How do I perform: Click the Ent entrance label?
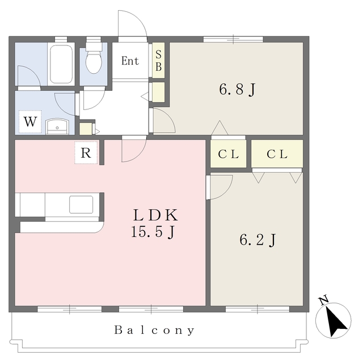(x=130, y=61)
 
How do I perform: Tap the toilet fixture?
(x=94, y=57)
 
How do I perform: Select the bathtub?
(x=61, y=64)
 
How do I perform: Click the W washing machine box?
(x=30, y=122)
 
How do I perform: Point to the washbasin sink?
(x=57, y=126)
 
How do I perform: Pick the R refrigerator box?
(x=86, y=153)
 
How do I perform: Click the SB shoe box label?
(x=159, y=61)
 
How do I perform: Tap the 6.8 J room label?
(x=237, y=90)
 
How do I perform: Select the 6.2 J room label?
(x=258, y=240)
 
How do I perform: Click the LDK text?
(x=155, y=215)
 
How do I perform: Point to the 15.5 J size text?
(x=153, y=232)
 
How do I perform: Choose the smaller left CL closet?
(x=228, y=154)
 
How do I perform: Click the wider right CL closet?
(x=277, y=154)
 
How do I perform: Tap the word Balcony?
(x=154, y=330)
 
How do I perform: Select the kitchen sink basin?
(x=81, y=205)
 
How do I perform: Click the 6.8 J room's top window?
(x=233, y=39)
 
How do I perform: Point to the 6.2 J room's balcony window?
(x=258, y=309)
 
